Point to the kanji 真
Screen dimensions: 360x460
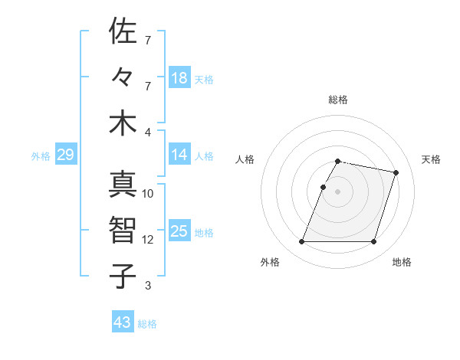(123, 185)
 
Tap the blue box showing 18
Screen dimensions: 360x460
(179, 77)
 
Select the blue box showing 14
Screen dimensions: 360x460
(179, 155)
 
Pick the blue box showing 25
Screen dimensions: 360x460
(179, 231)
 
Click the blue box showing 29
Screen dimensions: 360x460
(65, 155)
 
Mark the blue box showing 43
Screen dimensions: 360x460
(123, 322)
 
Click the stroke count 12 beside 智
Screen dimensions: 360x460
(148, 240)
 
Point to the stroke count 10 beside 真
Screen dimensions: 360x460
(148, 194)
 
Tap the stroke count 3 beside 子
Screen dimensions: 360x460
(148, 286)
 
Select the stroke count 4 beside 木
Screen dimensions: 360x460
(148, 132)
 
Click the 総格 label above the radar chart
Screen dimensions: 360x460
(338, 100)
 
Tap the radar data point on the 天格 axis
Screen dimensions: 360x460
(396, 172)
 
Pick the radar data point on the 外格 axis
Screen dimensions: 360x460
(302, 241)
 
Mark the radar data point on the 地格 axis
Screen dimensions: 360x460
(373, 241)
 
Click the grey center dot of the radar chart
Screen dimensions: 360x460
(338, 191)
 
